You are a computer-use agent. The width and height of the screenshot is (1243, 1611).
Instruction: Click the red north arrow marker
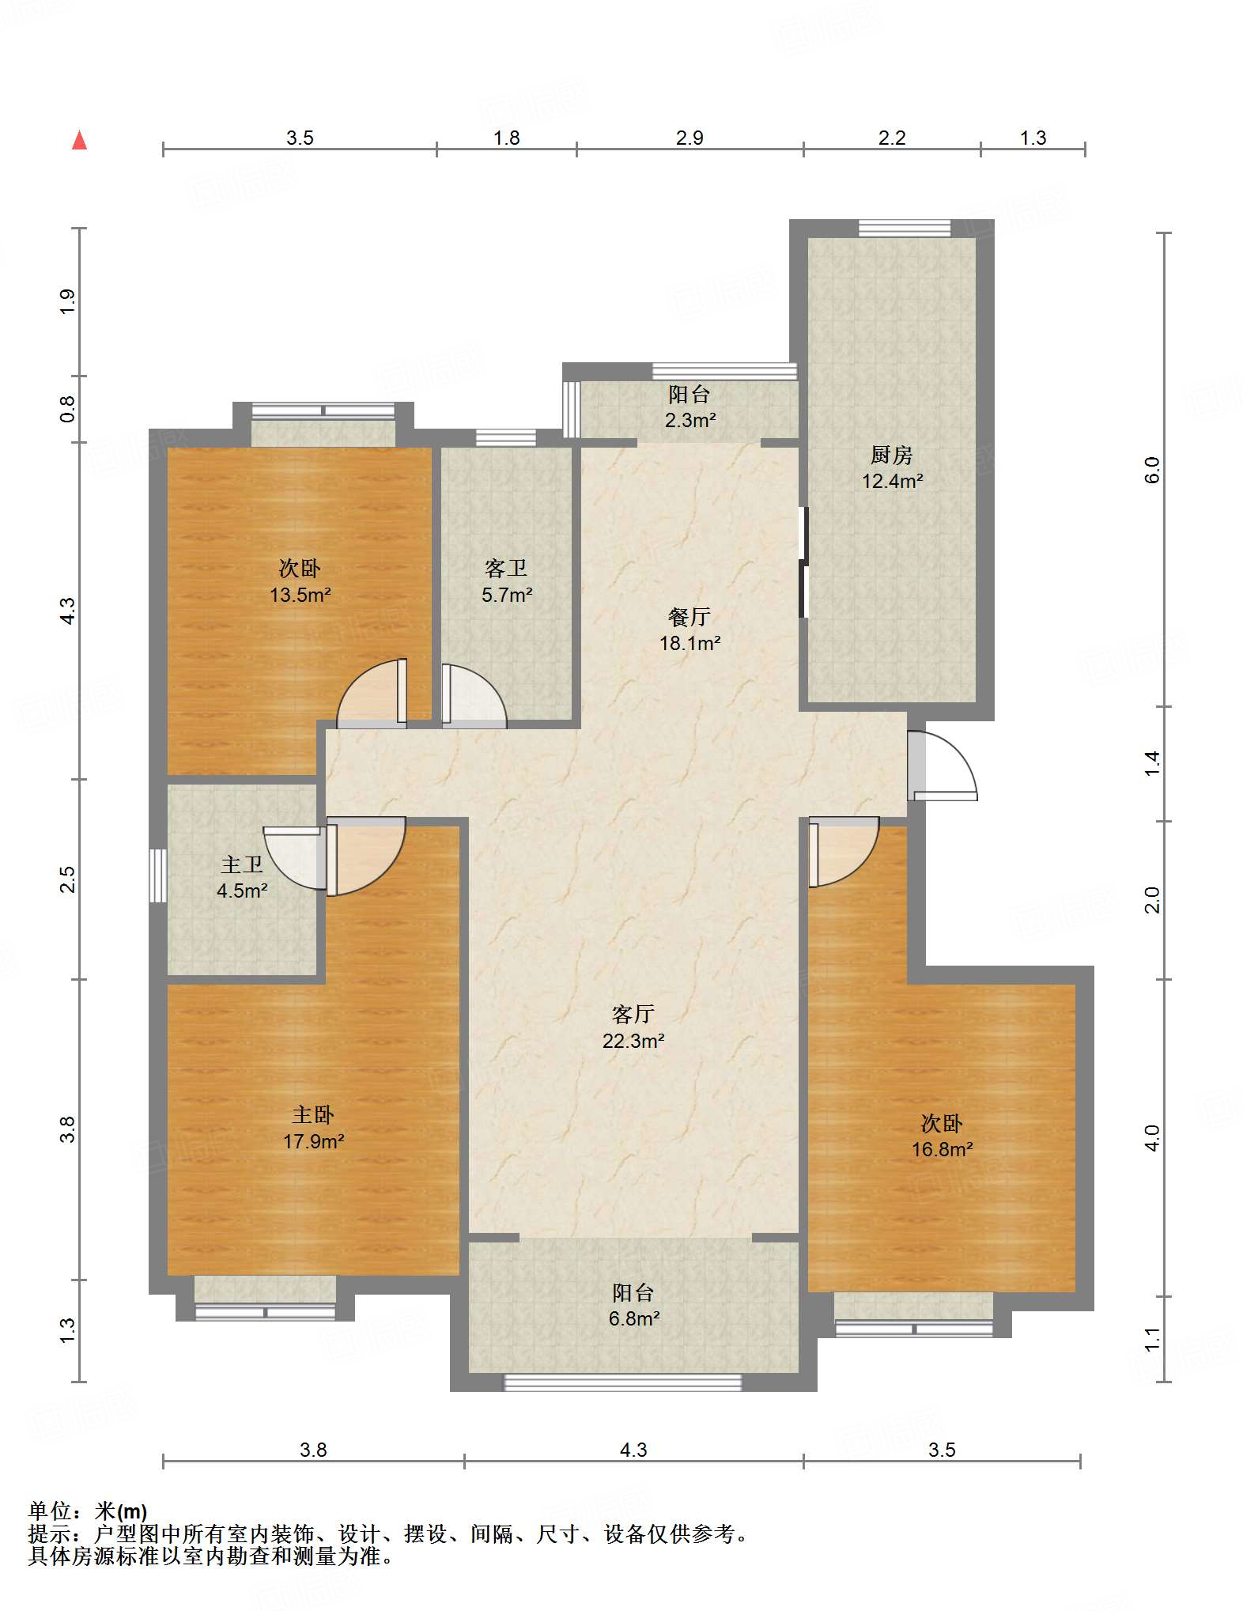click(79, 140)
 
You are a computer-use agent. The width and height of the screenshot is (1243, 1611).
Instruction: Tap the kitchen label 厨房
click(891, 455)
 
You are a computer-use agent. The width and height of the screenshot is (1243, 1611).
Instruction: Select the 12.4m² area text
click(892, 481)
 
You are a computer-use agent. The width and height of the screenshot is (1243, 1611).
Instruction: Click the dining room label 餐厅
click(690, 617)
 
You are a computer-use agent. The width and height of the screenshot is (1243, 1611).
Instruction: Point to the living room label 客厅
click(633, 1014)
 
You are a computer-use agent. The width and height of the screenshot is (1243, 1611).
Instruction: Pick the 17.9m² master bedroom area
click(313, 1141)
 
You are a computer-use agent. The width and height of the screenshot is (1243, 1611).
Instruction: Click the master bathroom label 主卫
click(241, 864)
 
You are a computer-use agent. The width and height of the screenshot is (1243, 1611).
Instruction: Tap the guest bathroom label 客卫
click(506, 568)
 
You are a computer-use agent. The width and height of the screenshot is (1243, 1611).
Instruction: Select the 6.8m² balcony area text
click(633, 1318)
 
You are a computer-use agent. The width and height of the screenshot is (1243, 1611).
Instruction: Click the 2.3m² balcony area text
click(690, 420)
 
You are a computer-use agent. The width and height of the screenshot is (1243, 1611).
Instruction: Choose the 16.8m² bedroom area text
click(942, 1149)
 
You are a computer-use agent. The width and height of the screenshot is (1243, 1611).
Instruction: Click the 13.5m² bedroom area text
click(300, 595)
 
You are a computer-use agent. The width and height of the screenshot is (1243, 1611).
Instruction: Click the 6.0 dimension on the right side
click(1153, 470)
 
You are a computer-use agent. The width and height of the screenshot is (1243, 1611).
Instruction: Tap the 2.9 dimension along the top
click(690, 138)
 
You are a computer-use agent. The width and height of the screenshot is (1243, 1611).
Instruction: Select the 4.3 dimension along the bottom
click(633, 1450)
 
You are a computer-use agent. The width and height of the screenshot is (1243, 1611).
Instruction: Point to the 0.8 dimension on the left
click(67, 409)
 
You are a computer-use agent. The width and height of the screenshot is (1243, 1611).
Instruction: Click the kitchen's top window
click(905, 228)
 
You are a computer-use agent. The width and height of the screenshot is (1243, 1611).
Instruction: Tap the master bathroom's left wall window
click(158, 875)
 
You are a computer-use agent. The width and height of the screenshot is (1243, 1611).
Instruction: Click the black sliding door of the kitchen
click(803, 562)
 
